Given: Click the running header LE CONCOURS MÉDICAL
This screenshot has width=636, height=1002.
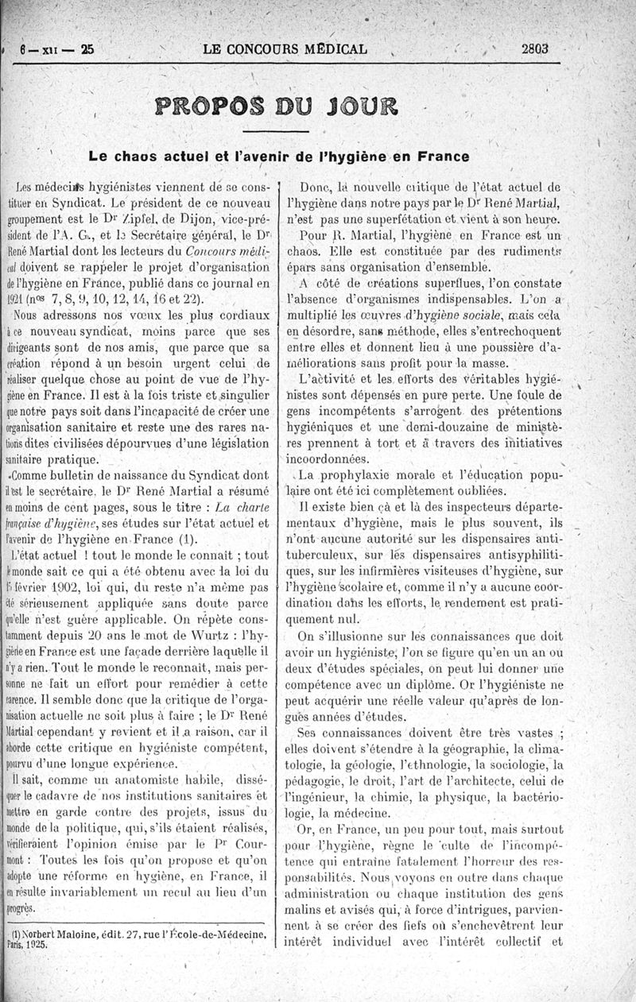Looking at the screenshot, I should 285,49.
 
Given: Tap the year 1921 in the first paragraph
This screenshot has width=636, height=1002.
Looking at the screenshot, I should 19,300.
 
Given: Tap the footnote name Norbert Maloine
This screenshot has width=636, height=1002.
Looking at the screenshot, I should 53,936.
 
